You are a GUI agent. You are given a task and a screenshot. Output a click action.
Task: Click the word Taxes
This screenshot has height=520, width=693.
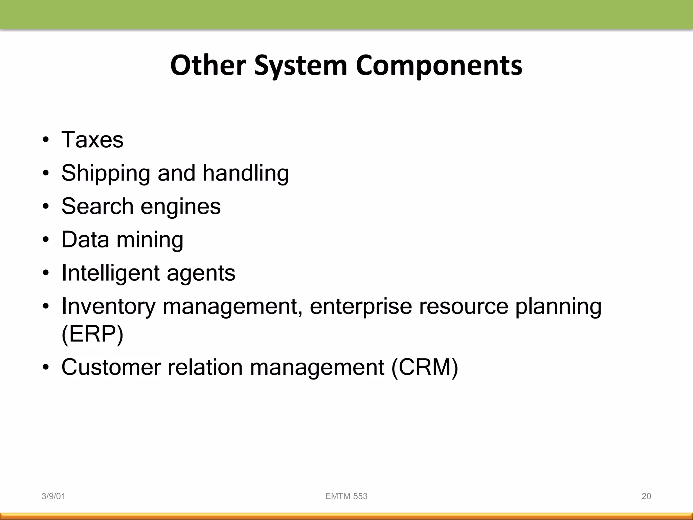pos(92,139)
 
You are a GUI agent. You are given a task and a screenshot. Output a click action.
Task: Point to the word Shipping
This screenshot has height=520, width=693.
pos(106,173)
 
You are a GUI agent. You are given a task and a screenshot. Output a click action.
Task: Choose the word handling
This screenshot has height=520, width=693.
pos(246,173)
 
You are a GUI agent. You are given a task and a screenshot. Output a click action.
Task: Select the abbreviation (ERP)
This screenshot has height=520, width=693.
pos(92,334)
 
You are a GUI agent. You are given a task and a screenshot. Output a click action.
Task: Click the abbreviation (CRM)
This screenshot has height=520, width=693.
pos(425,367)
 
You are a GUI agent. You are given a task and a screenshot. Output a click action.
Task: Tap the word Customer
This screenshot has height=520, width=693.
pos(111,367)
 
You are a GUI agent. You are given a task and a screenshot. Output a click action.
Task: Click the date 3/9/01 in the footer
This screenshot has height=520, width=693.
pos(53,496)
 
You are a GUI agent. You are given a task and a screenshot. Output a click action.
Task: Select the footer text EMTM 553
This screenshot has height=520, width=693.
pos(346,496)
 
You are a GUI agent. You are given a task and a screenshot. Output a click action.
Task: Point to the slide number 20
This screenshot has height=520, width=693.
pos(646,496)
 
